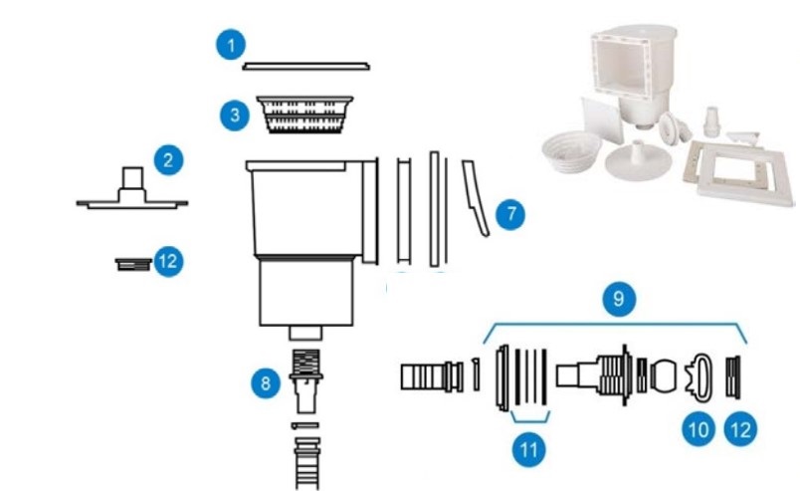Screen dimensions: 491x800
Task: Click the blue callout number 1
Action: (x=232, y=45)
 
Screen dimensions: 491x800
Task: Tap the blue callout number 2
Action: (x=168, y=158)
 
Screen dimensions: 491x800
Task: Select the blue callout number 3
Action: (x=234, y=114)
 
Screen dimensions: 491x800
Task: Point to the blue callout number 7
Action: (x=509, y=213)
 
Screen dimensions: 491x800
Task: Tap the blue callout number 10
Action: (x=697, y=429)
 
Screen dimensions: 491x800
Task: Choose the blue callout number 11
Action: (x=528, y=449)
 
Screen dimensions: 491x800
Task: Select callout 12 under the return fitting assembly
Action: (x=740, y=429)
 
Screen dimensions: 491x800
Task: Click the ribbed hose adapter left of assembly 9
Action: (x=425, y=377)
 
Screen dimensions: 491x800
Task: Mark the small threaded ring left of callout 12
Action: (x=133, y=263)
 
